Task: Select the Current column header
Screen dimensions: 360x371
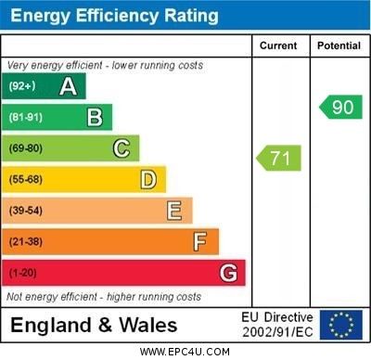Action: pyautogui.click(x=278, y=45)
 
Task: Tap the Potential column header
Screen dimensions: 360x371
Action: pyautogui.click(x=339, y=45)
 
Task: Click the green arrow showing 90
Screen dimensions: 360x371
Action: pyautogui.click(x=340, y=107)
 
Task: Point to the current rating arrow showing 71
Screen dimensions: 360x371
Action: pyautogui.click(x=278, y=158)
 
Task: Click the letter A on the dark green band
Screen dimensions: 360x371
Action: pyautogui.click(x=68, y=86)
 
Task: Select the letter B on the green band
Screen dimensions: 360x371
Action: pyautogui.click(x=95, y=117)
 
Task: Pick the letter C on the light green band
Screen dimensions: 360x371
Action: pyautogui.click(x=122, y=148)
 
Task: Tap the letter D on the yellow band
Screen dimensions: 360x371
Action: pyautogui.click(x=148, y=179)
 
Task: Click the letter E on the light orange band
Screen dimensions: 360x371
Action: pyautogui.click(x=174, y=211)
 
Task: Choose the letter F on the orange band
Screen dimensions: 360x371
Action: pyautogui.click(x=200, y=241)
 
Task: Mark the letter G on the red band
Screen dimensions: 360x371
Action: pyautogui.click(x=228, y=273)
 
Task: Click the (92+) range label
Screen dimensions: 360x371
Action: pyautogui.click(x=23, y=86)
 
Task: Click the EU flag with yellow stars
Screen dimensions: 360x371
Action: pyautogui.click(x=341, y=325)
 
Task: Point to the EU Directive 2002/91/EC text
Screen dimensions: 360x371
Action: pyautogui.click(x=277, y=325)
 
